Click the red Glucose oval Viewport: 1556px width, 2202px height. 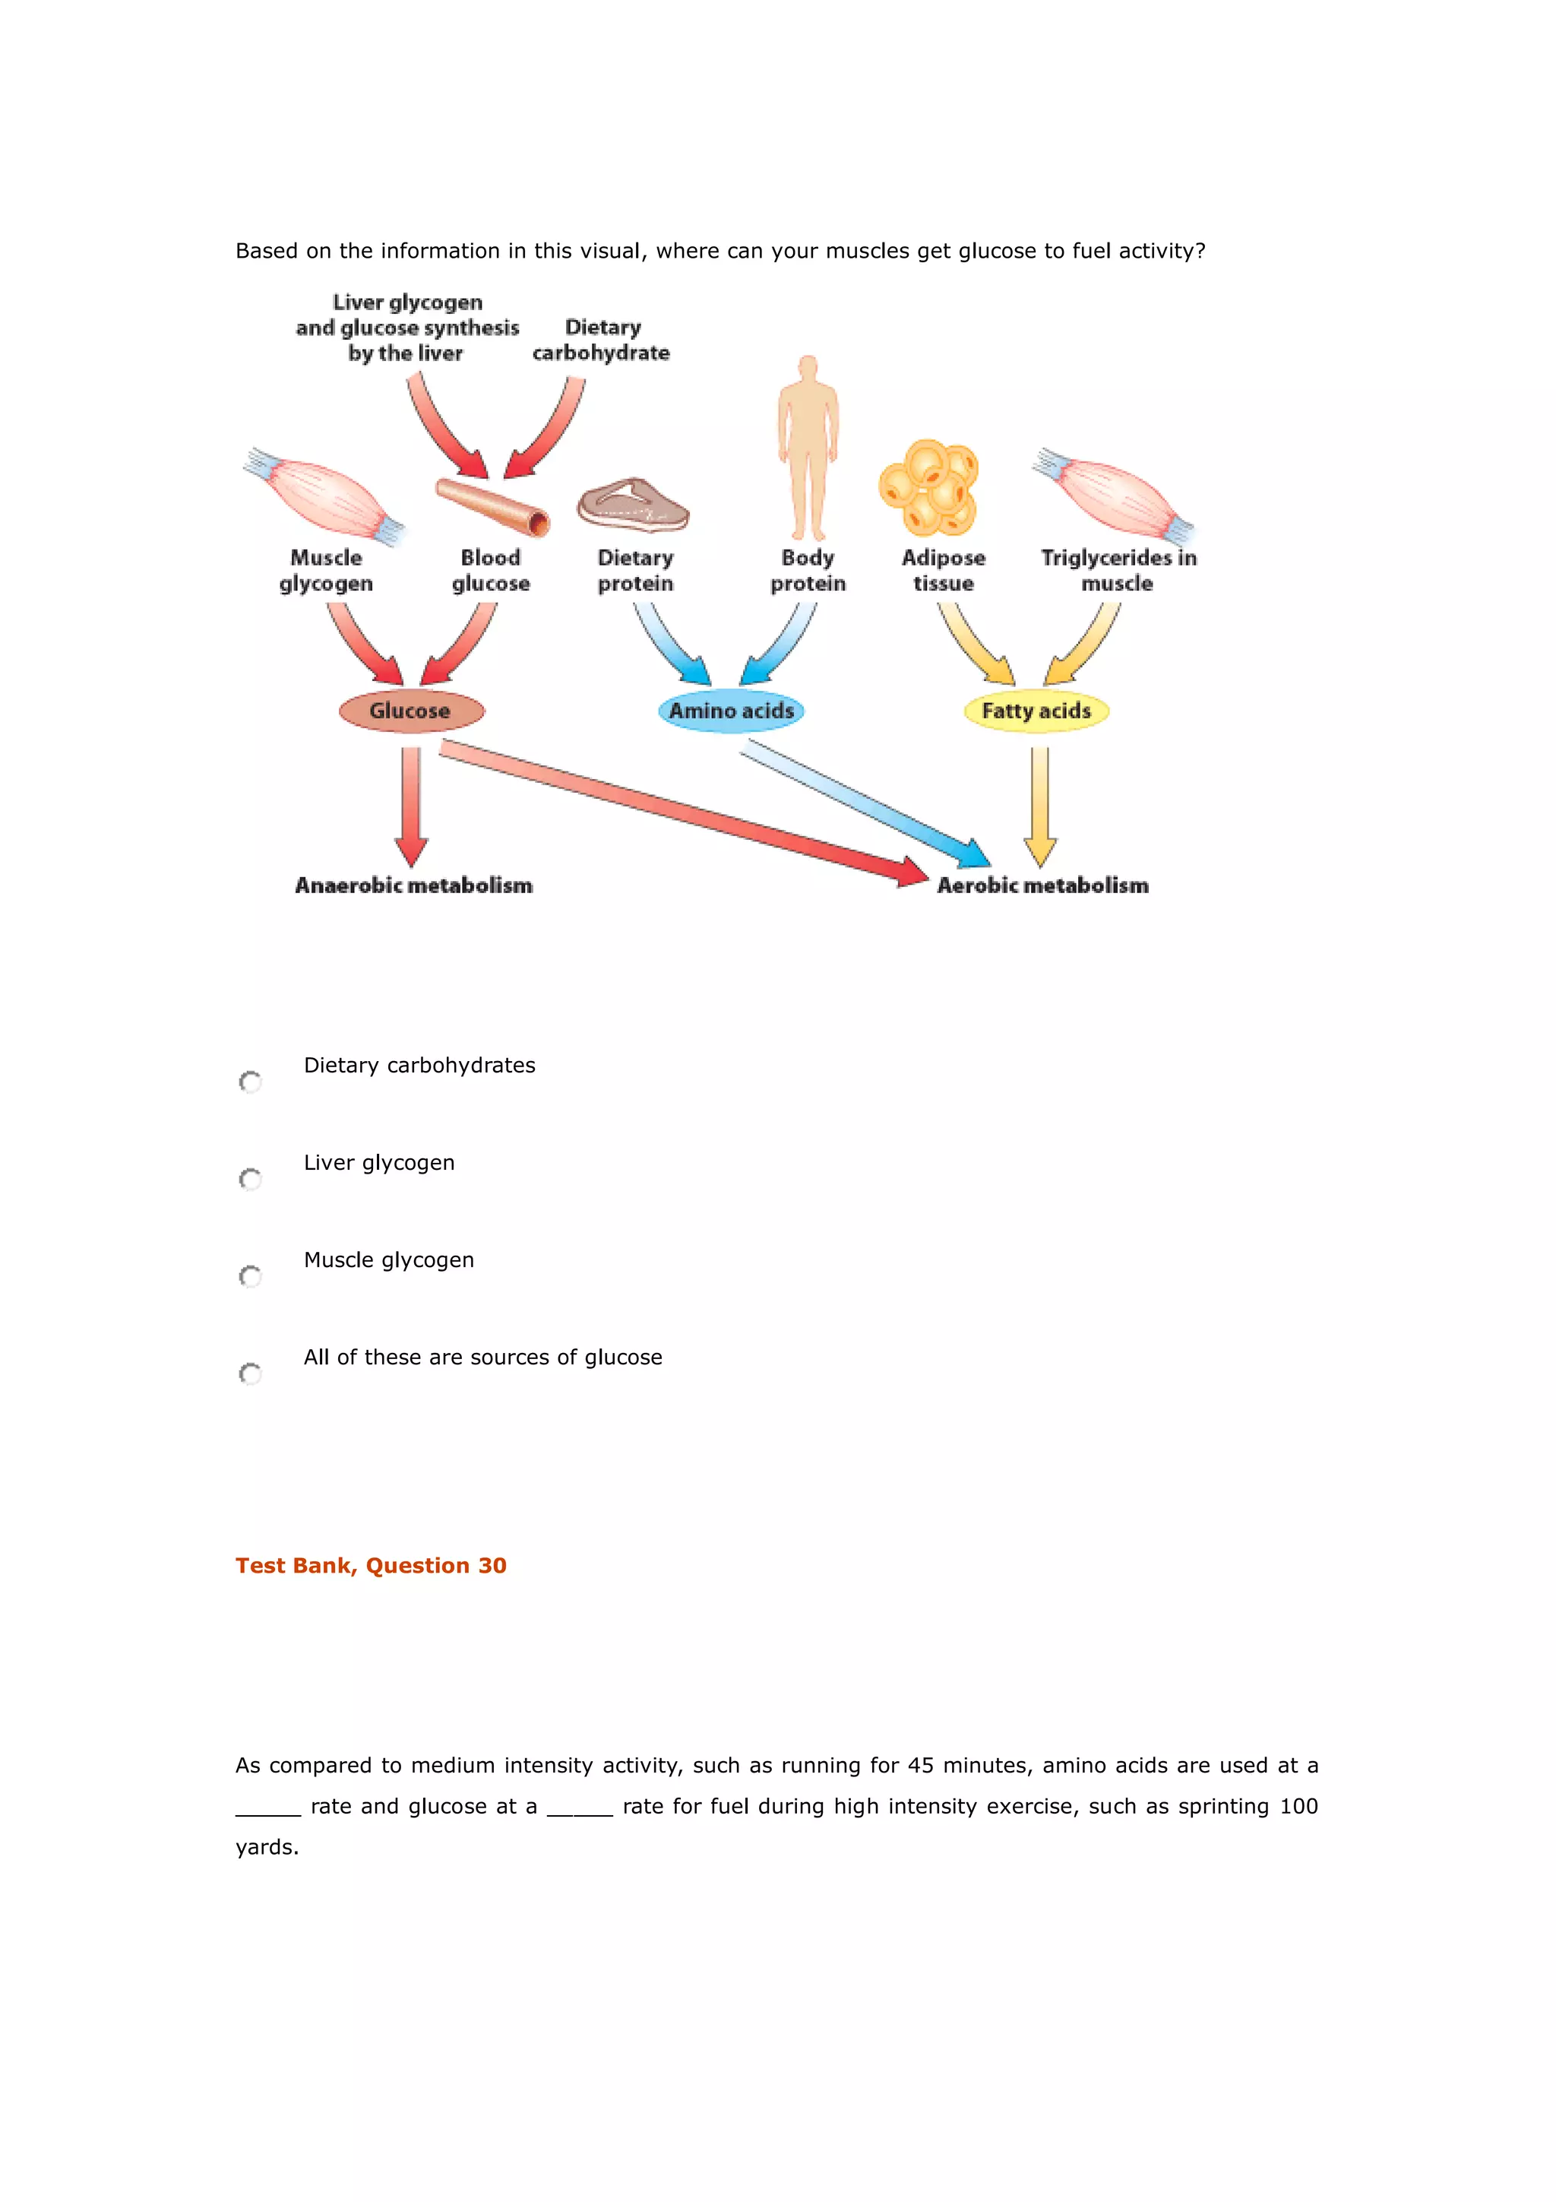point(411,711)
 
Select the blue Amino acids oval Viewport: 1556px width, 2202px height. point(731,711)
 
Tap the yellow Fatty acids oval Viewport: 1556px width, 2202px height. point(1036,711)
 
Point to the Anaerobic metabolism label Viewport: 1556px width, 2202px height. point(413,886)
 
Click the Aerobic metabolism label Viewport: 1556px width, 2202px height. point(1042,886)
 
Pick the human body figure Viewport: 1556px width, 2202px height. point(807,447)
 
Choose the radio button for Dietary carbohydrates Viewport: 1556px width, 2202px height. point(250,1082)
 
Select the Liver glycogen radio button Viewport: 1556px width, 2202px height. point(250,1179)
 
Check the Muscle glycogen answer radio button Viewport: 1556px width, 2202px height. point(250,1276)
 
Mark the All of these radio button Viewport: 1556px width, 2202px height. point(250,1373)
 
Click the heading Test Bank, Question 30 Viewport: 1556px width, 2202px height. point(371,1565)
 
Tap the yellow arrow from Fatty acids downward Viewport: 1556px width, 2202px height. point(1040,806)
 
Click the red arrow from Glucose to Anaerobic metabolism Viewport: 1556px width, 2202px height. point(411,806)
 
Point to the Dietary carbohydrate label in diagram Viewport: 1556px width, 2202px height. point(601,341)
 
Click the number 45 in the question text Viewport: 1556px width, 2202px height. point(919,1766)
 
